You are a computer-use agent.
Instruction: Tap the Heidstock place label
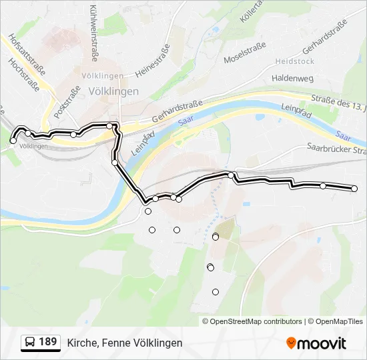[294, 61]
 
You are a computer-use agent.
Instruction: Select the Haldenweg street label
[292, 78]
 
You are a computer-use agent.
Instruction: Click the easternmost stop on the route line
[354, 189]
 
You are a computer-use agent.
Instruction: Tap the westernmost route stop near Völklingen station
[13, 141]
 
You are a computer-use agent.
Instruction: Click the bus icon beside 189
[30, 343]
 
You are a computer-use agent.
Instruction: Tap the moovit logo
[316, 343]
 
